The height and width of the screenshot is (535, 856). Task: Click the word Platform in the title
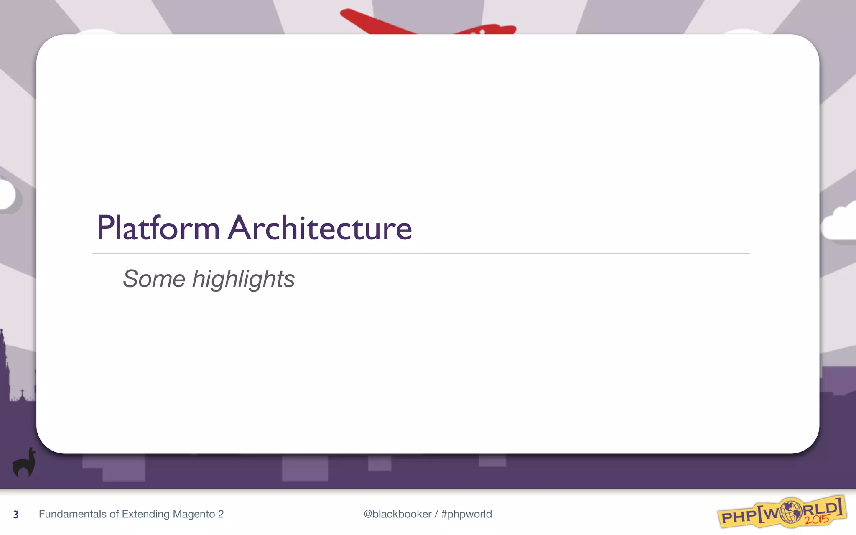tap(158, 228)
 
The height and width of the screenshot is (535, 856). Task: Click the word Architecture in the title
tap(320, 228)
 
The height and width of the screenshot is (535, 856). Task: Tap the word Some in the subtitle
tap(154, 279)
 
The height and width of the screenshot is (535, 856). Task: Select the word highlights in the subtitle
tap(243, 279)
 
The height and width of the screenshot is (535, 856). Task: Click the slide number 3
tap(16, 515)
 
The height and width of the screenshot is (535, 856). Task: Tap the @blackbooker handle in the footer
tap(397, 514)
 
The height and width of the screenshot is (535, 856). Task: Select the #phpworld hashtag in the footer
tap(466, 514)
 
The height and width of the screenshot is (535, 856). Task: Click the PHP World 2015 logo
tap(782, 512)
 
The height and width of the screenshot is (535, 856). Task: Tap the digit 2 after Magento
tap(221, 514)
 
